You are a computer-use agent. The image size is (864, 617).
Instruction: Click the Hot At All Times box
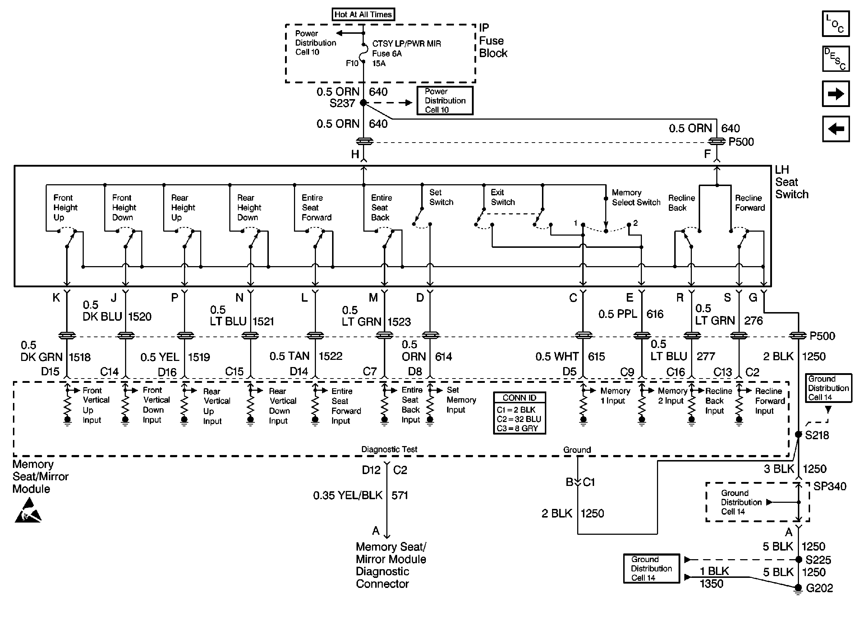point(363,14)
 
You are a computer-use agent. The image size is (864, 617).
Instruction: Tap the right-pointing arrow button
point(836,93)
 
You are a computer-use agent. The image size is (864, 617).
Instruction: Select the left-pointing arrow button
point(836,129)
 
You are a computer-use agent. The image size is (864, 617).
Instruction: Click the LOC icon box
point(836,24)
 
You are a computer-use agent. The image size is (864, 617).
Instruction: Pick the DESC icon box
point(836,59)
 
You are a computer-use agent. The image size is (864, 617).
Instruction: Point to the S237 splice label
point(342,103)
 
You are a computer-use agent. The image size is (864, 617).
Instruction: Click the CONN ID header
point(519,398)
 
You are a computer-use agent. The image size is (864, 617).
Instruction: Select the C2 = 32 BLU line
point(519,419)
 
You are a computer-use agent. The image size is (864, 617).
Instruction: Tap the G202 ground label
point(819,589)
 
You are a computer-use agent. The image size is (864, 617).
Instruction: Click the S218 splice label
point(817,435)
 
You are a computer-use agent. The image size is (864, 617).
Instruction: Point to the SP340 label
point(830,486)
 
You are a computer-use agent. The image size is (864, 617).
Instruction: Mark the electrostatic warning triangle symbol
point(28,511)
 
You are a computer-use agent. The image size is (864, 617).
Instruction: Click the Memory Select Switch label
point(636,198)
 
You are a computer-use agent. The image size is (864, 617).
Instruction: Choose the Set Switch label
point(441,197)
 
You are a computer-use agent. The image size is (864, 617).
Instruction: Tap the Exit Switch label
point(502,197)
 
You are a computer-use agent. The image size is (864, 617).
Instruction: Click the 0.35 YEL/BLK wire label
point(348,495)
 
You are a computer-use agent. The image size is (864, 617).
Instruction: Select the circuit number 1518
point(80,357)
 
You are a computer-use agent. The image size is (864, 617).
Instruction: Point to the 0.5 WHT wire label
point(557,357)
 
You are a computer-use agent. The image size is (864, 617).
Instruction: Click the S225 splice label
point(818,560)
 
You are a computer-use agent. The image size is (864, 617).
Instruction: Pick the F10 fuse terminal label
point(352,64)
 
